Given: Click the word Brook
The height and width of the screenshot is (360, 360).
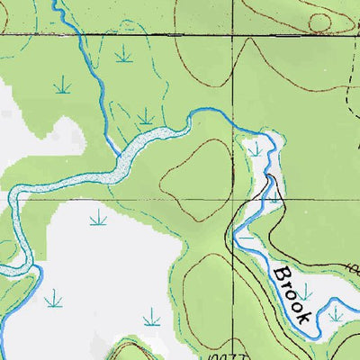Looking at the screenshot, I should [x=292, y=292].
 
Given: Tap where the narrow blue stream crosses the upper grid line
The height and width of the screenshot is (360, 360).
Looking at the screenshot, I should [x=76, y=33].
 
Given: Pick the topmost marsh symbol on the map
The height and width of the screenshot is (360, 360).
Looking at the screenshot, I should [x=123, y=53].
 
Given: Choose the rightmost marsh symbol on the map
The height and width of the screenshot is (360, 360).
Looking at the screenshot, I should [x=336, y=312].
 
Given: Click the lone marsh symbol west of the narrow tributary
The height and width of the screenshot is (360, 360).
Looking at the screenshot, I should [x=61, y=86].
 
